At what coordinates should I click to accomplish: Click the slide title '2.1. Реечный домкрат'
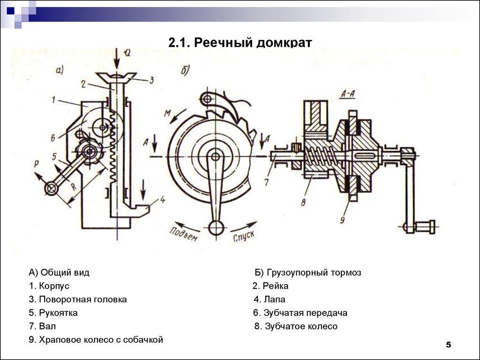pos(240,43)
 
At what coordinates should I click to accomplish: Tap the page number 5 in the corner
pos(448,345)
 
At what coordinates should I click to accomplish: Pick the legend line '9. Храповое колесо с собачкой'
pos(96,340)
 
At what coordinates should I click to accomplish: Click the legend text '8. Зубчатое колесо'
pos(296,326)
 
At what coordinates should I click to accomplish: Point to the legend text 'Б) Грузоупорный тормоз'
pos(308,273)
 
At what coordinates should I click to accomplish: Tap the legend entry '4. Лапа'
pos(270,300)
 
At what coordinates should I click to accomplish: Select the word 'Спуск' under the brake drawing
pos(244,234)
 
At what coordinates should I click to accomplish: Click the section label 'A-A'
pos(348,93)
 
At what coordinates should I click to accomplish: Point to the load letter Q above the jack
pos(127,53)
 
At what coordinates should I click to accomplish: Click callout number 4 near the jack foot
pos(162,200)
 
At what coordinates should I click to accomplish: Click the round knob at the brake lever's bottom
pos(216,228)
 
